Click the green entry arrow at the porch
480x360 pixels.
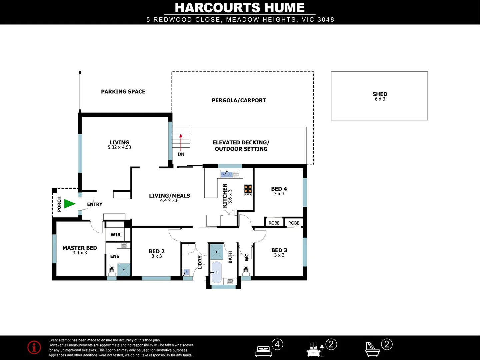pos(69,204)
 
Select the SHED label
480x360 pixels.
pos(380,94)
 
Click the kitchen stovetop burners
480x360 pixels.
pos(248,190)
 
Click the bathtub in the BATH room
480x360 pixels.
pos(216,272)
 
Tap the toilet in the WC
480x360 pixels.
pos(246,269)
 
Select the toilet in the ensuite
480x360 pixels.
pos(112,270)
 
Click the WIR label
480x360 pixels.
pos(116,235)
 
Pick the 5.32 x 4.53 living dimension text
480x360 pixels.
pos(119,147)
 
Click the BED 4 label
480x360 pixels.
pos(279,189)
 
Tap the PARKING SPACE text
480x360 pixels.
pos(123,92)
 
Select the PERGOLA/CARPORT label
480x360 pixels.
pos(239,100)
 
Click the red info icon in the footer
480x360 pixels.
pos(34,347)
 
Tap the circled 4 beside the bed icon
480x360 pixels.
pos(277,344)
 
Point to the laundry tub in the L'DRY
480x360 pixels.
pos(186,272)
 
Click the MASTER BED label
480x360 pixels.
pos(80,248)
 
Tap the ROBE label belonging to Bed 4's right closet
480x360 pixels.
pos(294,223)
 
